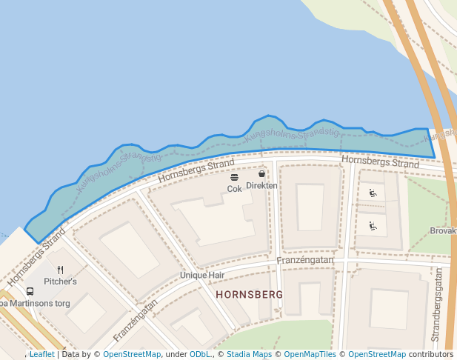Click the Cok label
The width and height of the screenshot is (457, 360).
[x=234, y=189]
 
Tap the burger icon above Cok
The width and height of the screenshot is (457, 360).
[x=234, y=177]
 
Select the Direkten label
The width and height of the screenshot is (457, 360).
[x=261, y=185]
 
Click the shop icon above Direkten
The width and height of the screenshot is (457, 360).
[x=261, y=173]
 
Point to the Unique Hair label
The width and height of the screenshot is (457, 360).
[x=201, y=275]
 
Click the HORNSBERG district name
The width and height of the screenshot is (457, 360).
[x=249, y=295]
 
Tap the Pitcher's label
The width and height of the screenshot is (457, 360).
[x=60, y=281]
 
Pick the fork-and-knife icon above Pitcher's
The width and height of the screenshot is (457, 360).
[x=60, y=270]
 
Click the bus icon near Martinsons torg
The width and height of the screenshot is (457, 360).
[x=30, y=291]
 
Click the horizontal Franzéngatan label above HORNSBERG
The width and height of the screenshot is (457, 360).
[x=304, y=261]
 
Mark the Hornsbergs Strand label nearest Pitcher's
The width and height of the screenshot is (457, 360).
[x=36, y=259]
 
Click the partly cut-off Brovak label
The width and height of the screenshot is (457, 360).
[x=443, y=231]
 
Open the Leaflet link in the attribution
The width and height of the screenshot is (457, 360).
[x=41, y=354]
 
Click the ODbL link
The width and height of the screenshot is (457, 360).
[x=200, y=354]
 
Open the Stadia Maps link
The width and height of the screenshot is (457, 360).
[x=249, y=354]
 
